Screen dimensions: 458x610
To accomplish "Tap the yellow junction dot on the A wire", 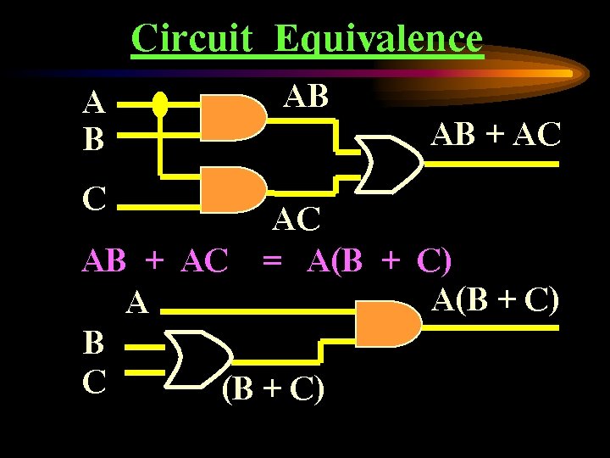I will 160,105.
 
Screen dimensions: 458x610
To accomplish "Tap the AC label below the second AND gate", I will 297,221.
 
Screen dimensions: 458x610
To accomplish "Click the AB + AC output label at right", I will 496,133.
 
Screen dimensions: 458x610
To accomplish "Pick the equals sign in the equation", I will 272,261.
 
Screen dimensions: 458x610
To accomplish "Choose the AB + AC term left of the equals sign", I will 155,262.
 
